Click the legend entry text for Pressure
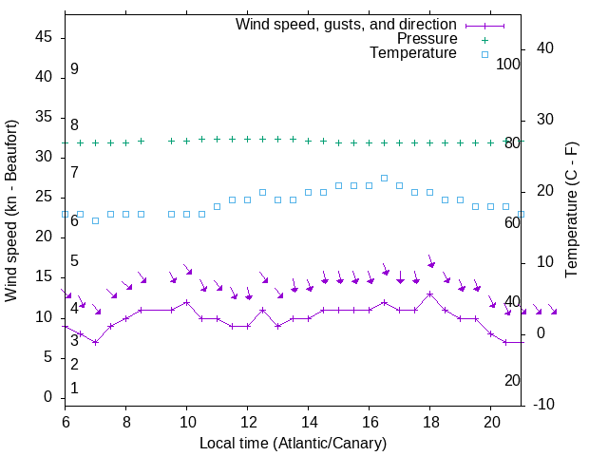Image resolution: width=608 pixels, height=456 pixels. click(427, 39)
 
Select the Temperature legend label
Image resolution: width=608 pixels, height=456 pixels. click(413, 53)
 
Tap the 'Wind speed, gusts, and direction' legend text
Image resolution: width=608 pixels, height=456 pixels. click(346, 24)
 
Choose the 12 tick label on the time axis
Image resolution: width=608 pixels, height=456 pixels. click(248, 421)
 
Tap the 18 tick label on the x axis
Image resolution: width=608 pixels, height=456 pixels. click(430, 421)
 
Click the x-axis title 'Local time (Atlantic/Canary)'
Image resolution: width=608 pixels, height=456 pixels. click(293, 443)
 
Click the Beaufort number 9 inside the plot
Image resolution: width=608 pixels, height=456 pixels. click(74, 69)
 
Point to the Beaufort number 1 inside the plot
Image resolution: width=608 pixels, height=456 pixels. click(74, 388)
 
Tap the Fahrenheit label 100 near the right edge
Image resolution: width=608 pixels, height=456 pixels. click(508, 64)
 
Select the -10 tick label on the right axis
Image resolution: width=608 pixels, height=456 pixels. click(546, 405)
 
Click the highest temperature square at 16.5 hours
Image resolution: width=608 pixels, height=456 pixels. click(384, 178)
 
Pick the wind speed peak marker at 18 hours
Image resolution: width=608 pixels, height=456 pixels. click(429, 294)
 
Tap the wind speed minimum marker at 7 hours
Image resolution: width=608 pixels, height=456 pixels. click(95, 342)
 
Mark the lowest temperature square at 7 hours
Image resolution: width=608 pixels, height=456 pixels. click(95, 220)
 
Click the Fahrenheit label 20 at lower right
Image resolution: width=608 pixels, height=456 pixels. click(512, 380)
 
